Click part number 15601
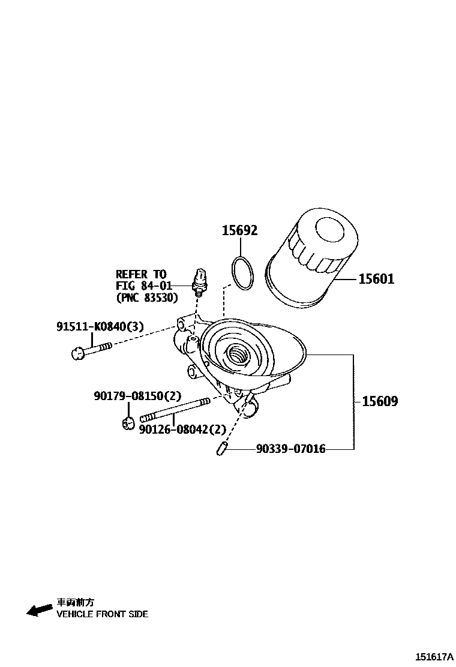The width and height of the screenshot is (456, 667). pyautogui.click(x=376, y=279)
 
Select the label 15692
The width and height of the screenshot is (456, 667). pyautogui.click(x=240, y=230)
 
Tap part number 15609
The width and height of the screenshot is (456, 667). pyautogui.click(x=380, y=401)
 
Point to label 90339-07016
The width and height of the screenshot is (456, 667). pyautogui.click(x=290, y=449)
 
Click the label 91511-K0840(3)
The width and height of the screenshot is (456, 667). pyautogui.click(x=100, y=326)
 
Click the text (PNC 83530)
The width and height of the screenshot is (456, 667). pyautogui.click(x=147, y=297)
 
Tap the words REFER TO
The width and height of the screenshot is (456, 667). pyautogui.click(x=141, y=274)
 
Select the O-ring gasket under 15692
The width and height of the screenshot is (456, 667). pyautogui.click(x=242, y=274)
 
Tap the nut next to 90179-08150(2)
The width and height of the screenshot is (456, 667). pyautogui.click(x=127, y=423)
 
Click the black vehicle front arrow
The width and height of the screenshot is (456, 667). pyautogui.click(x=40, y=610)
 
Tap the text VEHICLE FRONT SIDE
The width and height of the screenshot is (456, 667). pyautogui.click(x=102, y=614)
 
